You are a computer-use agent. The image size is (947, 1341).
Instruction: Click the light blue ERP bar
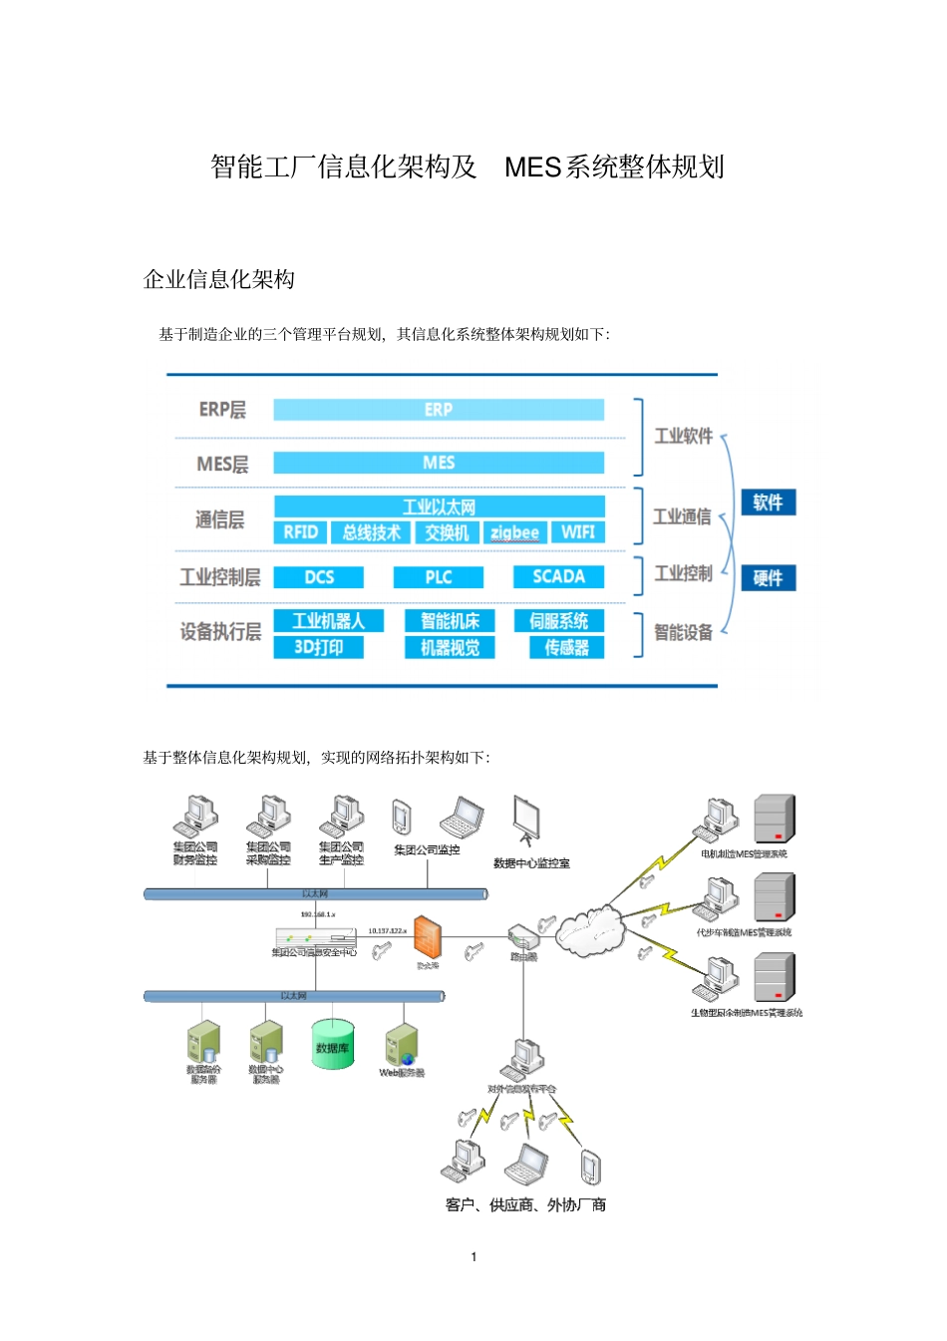[x=439, y=410]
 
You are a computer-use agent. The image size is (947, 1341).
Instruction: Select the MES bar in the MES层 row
[x=439, y=463]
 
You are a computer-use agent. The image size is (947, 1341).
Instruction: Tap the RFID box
[x=300, y=532]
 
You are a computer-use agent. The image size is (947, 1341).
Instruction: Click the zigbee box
[x=514, y=532]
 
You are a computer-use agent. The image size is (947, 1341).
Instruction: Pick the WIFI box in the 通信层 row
[x=577, y=532]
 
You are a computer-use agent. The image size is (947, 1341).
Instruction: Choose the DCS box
[x=319, y=577]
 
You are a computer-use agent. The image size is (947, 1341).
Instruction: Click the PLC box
[x=439, y=577]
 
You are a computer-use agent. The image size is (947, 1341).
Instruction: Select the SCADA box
[x=558, y=577]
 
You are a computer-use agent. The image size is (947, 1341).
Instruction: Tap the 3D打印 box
[x=318, y=648]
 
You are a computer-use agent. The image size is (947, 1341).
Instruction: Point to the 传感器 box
[x=566, y=648]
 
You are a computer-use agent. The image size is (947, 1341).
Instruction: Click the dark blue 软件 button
[x=768, y=503]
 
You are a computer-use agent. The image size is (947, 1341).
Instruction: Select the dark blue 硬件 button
[x=768, y=578]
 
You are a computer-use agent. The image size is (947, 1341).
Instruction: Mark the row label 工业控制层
[x=220, y=577]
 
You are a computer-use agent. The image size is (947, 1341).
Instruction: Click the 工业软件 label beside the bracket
[x=683, y=436]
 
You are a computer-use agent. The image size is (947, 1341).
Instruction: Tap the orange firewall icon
[x=427, y=937]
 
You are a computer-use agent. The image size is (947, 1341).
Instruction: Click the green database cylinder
[x=333, y=1044]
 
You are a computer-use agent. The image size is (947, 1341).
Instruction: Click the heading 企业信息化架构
[x=219, y=279]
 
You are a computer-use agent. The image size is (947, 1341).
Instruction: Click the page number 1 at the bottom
[x=473, y=1256]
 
